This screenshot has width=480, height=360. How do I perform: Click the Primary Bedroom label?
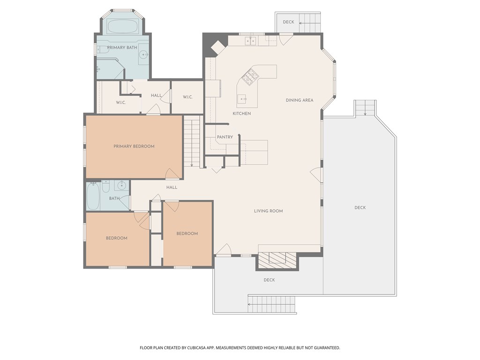(x=134, y=146)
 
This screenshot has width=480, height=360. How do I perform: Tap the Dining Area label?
(x=300, y=100)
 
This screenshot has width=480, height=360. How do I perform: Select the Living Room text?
(x=268, y=211)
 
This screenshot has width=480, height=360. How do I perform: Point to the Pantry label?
(x=225, y=137)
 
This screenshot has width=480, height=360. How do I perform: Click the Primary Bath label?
(x=122, y=47)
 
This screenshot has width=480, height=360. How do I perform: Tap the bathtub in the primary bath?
(x=122, y=27)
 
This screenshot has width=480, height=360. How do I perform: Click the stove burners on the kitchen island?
(x=250, y=76)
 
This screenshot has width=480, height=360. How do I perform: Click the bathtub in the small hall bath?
(x=93, y=196)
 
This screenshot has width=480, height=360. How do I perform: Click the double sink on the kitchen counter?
(x=250, y=41)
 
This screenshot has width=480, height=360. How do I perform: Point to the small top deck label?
(x=288, y=22)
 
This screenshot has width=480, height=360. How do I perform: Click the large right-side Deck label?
(x=360, y=208)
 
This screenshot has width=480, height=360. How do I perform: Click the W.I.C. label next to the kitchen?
(x=187, y=97)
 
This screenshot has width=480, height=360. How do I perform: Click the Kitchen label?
(x=241, y=113)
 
